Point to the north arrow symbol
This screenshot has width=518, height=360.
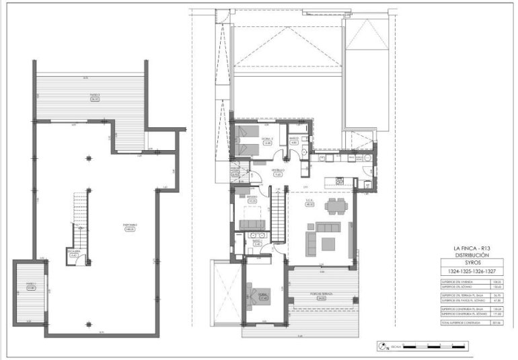pos(383,347)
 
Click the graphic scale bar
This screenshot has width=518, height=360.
pos(431,347)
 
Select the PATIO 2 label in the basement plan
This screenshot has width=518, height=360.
pos(95,97)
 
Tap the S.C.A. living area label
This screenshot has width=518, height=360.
pos(310,203)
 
